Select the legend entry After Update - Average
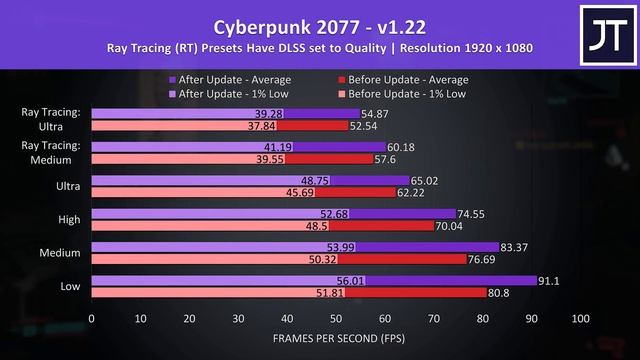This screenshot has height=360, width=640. [229, 79]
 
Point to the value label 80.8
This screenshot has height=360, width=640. [500, 294]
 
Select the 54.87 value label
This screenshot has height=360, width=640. [376, 114]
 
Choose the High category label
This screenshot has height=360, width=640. [70, 220]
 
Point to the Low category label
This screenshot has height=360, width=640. [71, 287]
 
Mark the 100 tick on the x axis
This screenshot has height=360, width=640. [580, 319]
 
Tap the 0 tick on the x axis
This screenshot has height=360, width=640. [91, 319]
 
